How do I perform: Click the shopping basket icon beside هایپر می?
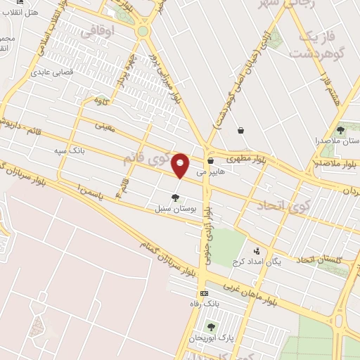[210, 161]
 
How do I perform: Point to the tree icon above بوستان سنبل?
[175, 198]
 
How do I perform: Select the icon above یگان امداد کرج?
[257, 250]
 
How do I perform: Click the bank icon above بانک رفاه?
[204, 293]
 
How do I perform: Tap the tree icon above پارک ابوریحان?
[211, 327]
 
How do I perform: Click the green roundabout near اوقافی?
[143, 31]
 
